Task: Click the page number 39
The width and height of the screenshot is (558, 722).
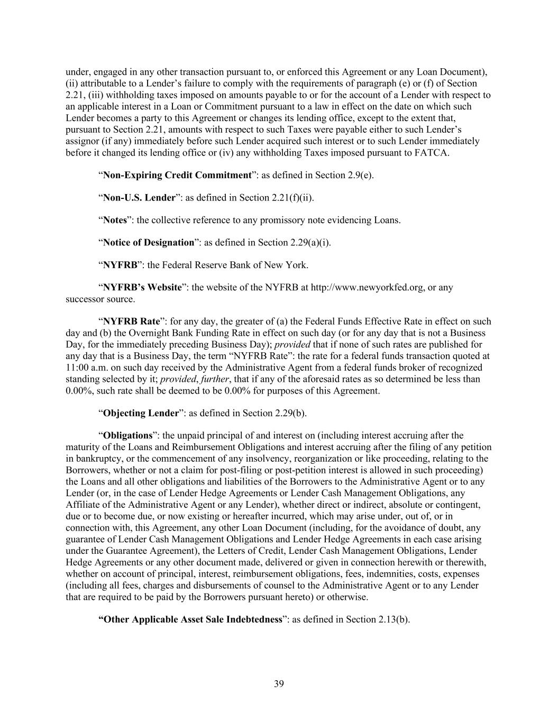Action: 279,684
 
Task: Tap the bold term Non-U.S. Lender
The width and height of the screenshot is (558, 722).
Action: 139,198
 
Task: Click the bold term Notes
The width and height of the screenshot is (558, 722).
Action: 115,220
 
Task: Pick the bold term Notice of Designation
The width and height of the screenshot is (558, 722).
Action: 149,243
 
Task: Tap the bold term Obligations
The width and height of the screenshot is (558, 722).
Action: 127,436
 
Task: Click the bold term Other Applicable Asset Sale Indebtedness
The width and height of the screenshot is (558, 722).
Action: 190,619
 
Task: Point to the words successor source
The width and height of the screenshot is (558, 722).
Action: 99,299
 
